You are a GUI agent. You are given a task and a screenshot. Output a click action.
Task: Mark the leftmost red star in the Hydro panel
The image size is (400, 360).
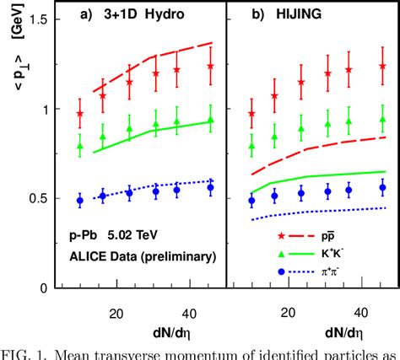(x=80, y=114)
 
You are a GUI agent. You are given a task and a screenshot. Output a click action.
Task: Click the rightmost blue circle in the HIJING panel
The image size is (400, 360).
(x=383, y=189)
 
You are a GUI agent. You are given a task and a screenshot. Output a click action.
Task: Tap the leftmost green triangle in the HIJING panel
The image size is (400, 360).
(x=251, y=146)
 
